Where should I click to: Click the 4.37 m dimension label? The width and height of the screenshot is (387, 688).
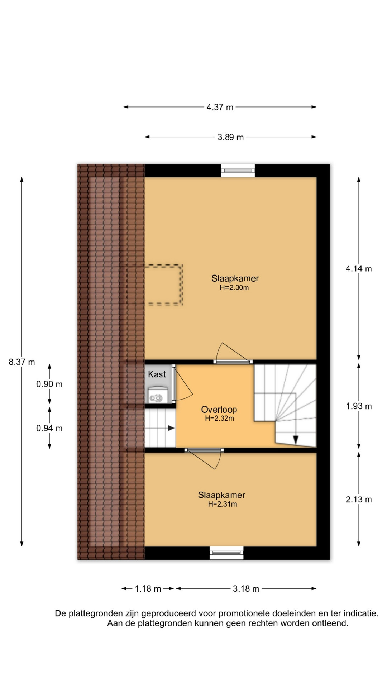point(220,107)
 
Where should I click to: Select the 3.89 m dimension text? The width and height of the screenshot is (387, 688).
point(230,137)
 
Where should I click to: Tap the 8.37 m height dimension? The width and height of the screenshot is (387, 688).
point(22,362)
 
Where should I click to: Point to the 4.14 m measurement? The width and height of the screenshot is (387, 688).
point(359,269)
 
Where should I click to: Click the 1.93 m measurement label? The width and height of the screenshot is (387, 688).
point(359,406)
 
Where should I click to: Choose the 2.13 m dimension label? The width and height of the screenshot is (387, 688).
point(359,500)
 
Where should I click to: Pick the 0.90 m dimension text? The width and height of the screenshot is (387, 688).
point(49,384)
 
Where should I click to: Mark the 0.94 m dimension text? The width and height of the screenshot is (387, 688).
point(49,429)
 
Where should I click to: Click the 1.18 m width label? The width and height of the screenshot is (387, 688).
point(148,589)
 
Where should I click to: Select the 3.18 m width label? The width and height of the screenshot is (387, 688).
point(246,589)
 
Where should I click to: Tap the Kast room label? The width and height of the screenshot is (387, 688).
point(157,374)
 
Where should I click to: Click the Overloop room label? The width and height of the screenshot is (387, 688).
point(219,410)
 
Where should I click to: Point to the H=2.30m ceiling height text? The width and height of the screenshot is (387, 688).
point(234,287)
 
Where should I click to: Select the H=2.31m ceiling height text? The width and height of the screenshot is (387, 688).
point(223,504)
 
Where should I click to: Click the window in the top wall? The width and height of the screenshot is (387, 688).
point(238,171)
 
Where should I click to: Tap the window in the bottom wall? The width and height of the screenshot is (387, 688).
point(226,553)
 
